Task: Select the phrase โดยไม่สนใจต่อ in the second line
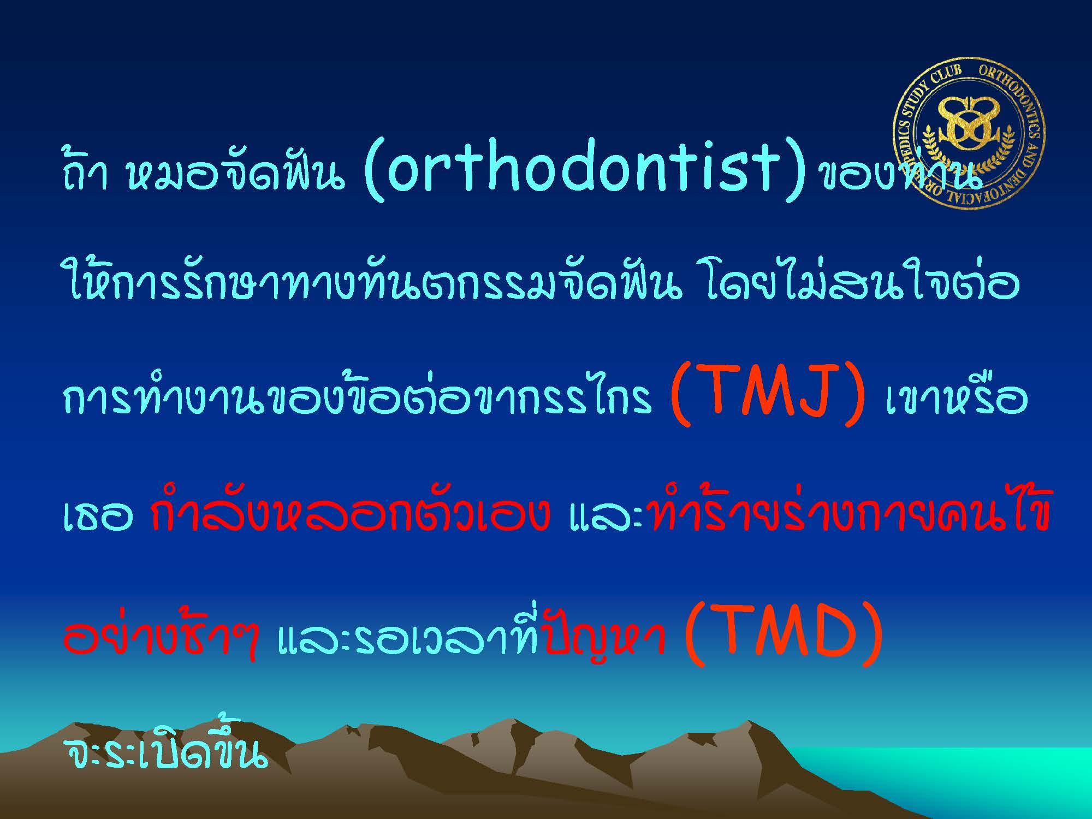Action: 863,284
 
